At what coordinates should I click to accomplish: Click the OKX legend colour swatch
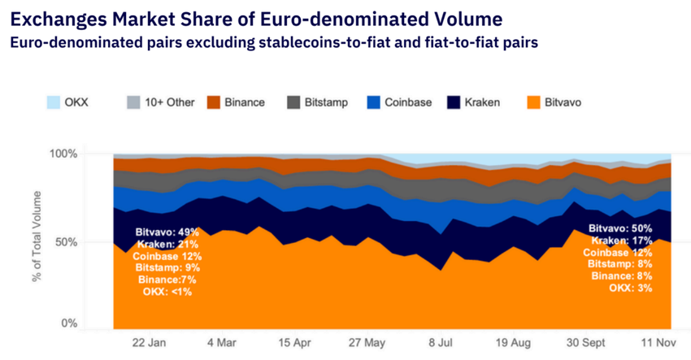[x=53, y=102]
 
